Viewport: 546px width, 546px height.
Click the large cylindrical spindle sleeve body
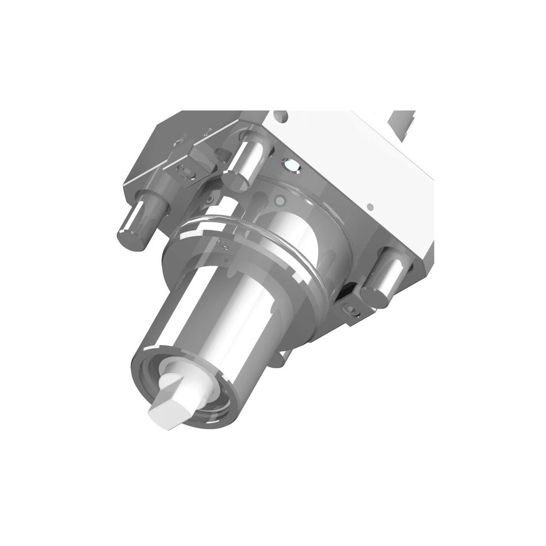pos(200,316)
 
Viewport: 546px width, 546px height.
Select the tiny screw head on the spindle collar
pos(221,245)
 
